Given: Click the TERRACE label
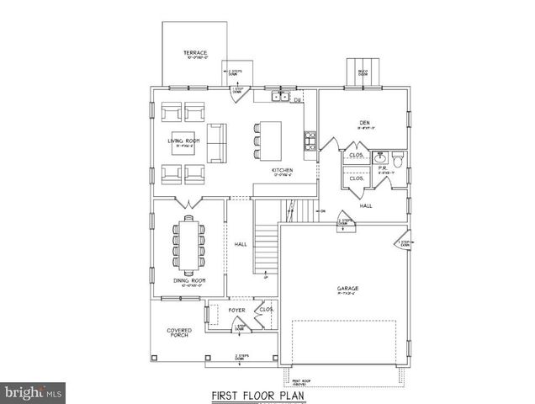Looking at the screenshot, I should click(195, 53).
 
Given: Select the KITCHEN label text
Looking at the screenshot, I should click(282, 171).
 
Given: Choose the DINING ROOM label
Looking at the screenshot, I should click(190, 280).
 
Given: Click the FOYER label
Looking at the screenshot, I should click(238, 310).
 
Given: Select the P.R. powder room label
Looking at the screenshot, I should click(382, 167).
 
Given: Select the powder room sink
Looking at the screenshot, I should click(380, 157).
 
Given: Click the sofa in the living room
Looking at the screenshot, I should click(217, 142).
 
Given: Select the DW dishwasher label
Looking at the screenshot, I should click(297, 100).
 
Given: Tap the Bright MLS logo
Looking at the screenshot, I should click(34, 391).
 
